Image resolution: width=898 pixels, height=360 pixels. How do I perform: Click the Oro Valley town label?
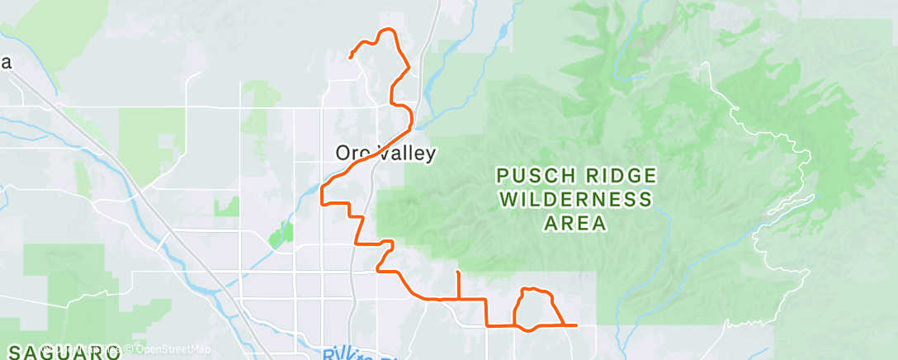(385, 153)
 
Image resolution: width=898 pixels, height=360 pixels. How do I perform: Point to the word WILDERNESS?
(575, 199)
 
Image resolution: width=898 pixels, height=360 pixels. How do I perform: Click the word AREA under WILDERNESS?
(575, 223)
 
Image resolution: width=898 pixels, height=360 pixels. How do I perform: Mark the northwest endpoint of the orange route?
(351, 57)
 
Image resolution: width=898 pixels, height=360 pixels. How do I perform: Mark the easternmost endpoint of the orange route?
(574, 325)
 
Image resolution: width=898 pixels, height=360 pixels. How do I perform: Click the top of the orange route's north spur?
(458, 272)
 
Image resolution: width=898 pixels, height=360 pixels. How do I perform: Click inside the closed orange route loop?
(535, 309)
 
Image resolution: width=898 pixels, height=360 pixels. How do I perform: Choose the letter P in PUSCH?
(502, 176)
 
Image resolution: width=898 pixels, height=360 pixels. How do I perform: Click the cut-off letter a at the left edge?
(4, 63)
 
